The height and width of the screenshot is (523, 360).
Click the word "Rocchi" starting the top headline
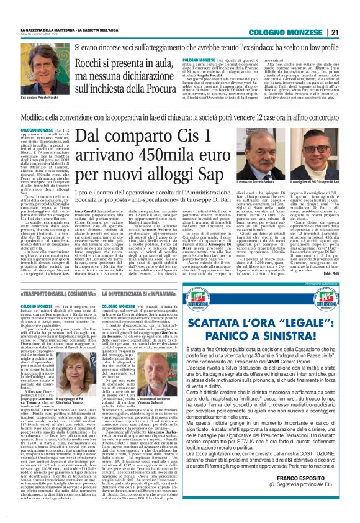pos(92,64)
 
